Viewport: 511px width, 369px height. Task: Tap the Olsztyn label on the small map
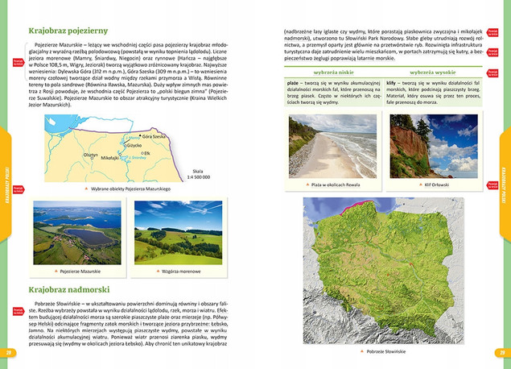pyautogui.click(x=90, y=155)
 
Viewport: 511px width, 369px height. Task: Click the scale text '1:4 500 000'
pyautogui.click(x=197, y=176)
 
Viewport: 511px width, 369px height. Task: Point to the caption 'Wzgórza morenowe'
pyautogui.click(x=180, y=272)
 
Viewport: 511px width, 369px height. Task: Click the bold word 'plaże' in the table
pyautogui.click(x=295, y=83)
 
